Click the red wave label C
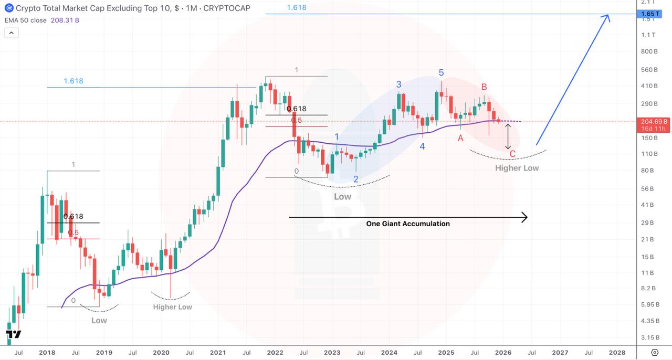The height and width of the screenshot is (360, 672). coord(512,154)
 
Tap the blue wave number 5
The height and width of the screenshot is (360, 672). coord(442,73)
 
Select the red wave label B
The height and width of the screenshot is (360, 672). coord(485,87)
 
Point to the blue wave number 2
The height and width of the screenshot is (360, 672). coord(356,179)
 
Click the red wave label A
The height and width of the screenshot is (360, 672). coord(460,138)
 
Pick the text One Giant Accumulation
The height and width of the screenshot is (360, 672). coord(408,224)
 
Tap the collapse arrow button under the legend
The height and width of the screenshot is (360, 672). coord(11,33)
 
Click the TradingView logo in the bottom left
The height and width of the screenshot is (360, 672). coord(14,334)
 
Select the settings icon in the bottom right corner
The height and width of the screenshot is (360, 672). coord(655,352)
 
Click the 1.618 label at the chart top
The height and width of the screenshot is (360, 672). coord(297,7)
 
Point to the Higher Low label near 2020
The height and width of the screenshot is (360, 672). coord(172,307)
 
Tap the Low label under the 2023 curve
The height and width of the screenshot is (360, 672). coord(343,197)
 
